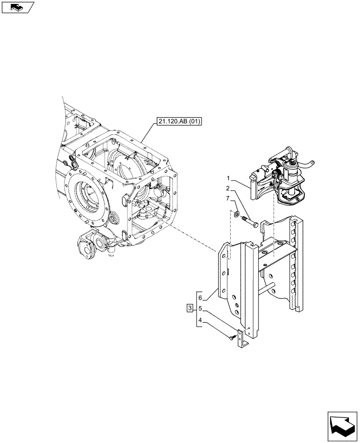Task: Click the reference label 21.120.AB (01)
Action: click(178, 120)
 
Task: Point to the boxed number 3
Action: click(190, 308)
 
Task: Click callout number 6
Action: click(200, 298)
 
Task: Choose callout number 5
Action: click(200, 308)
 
